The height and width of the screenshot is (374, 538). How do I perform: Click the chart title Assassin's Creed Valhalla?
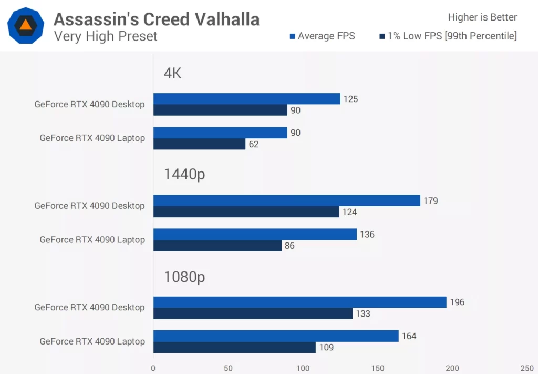pyautogui.click(x=157, y=19)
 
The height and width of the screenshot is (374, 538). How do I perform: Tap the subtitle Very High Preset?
pyautogui.click(x=106, y=36)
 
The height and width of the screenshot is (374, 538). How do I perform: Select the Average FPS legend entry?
pyautogui.click(x=322, y=36)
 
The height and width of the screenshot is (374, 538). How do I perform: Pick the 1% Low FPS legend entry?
pyautogui.click(x=448, y=36)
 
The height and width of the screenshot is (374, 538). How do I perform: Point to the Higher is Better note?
pyautogui.click(x=482, y=17)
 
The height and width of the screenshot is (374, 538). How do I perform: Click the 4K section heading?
pyautogui.click(x=172, y=73)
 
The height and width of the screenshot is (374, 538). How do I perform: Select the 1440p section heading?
pyautogui.click(x=184, y=175)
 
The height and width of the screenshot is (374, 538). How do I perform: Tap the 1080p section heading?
pyautogui.click(x=184, y=276)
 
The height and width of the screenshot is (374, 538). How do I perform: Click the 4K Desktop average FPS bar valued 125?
pyautogui.click(x=246, y=99)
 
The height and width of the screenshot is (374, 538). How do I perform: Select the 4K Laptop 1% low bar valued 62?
pyautogui.click(x=199, y=144)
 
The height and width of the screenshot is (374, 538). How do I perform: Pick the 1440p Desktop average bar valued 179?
pyautogui.click(x=286, y=200)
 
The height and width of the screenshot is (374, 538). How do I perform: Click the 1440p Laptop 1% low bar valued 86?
pyautogui.click(x=218, y=246)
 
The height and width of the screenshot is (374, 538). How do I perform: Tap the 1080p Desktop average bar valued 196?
pyautogui.click(x=299, y=302)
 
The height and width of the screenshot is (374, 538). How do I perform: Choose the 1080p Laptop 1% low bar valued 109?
pyautogui.click(x=234, y=347)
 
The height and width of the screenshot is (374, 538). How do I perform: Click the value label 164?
pyautogui.click(x=409, y=336)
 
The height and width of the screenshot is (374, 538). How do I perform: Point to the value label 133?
pyautogui.click(x=363, y=314)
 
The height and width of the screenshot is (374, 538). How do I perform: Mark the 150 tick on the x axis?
pyautogui.click(x=378, y=368)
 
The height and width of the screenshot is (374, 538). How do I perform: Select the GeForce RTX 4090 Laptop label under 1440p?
pyautogui.click(x=92, y=240)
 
